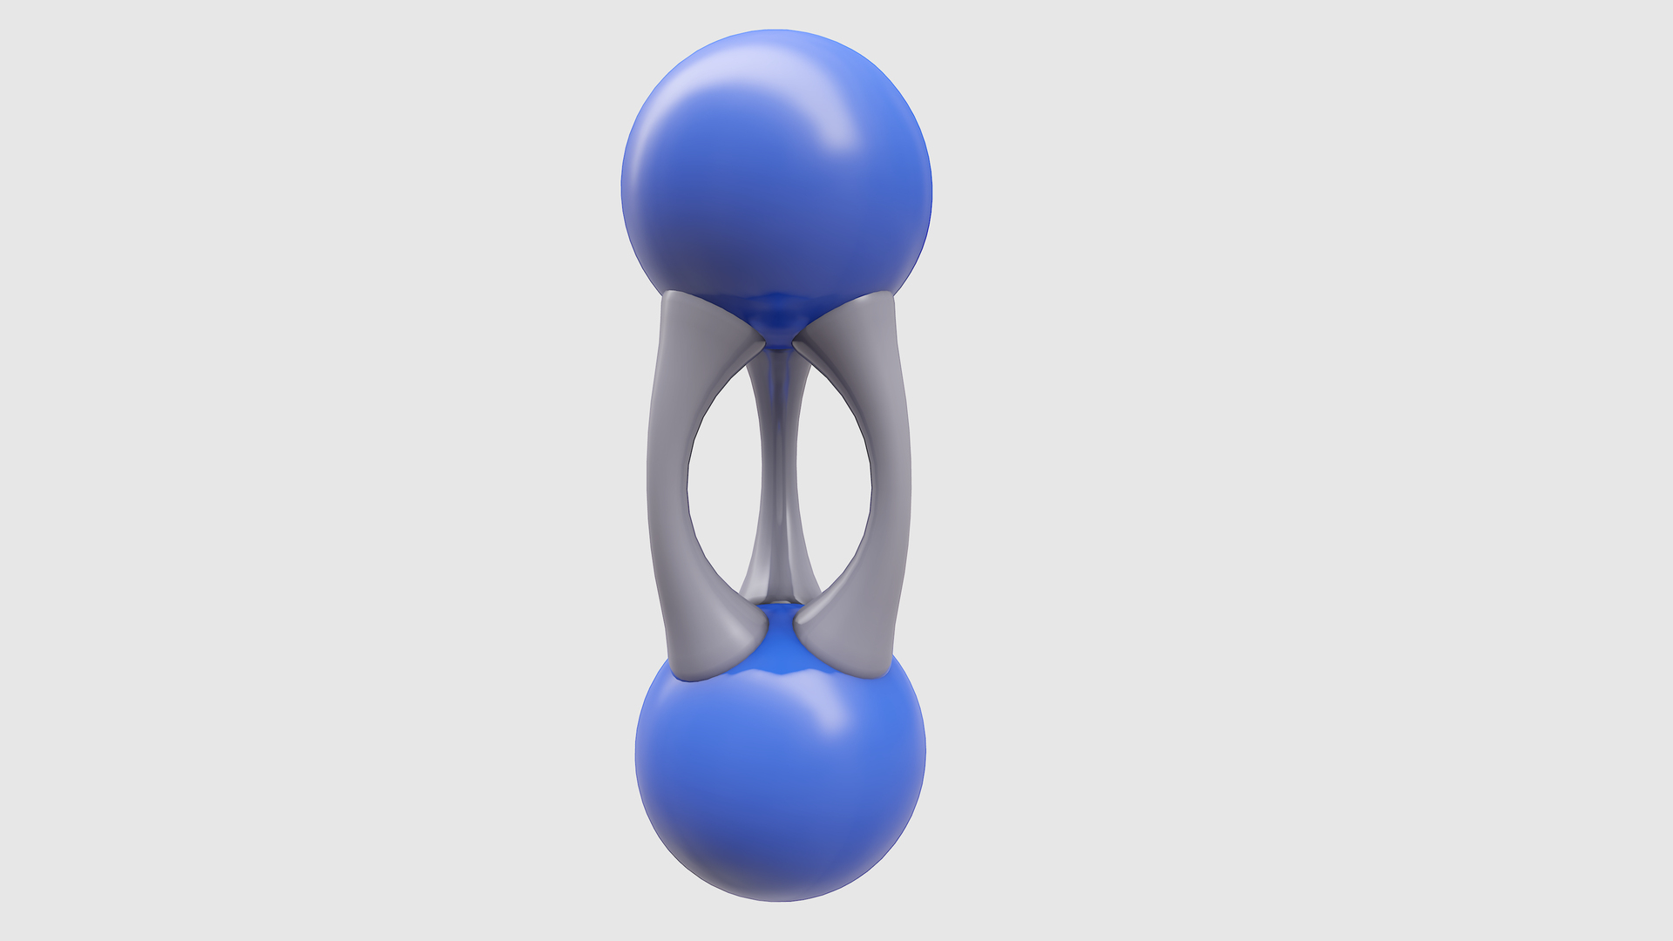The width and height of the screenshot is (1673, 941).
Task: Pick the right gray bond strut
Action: pyautogui.click(x=891, y=479)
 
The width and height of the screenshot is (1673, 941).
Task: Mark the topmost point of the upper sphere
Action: pyautogui.click(x=776, y=31)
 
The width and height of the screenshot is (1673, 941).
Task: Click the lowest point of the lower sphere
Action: pyautogui.click(x=780, y=900)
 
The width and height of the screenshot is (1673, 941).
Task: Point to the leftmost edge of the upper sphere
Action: pyautogui.click(x=622, y=187)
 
